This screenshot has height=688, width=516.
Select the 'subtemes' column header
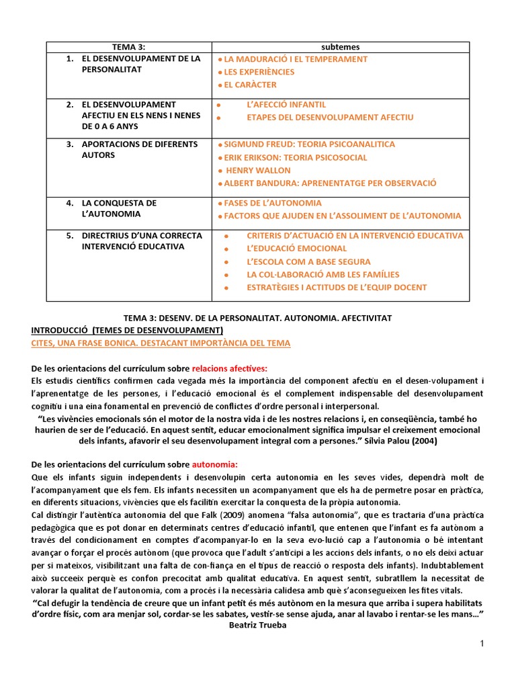coord(341,47)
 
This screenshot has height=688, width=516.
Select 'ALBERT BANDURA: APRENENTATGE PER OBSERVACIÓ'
coord(330,183)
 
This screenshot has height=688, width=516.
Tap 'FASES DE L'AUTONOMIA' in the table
coord(273,203)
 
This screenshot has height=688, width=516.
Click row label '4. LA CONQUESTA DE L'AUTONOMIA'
coord(119,208)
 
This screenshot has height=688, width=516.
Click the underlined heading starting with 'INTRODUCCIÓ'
coord(128,331)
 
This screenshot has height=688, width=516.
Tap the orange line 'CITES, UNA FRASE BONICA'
coord(161,343)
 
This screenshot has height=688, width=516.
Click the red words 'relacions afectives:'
coord(229,368)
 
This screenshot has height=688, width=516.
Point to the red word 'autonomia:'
coord(215,464)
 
